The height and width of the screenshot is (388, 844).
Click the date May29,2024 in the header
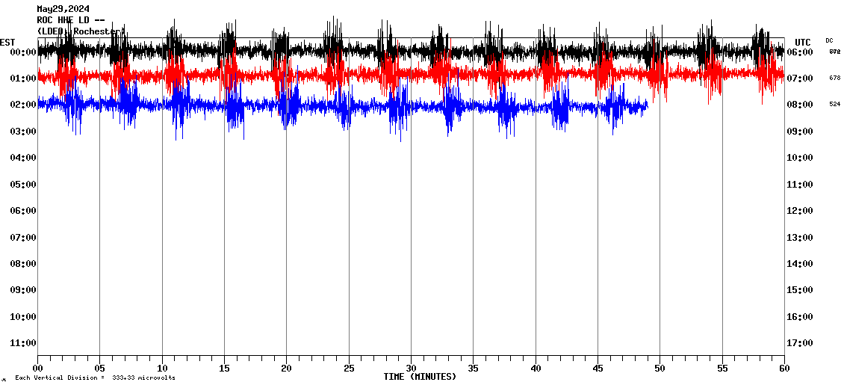(63, 9)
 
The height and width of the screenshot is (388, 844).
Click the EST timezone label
(7, 42)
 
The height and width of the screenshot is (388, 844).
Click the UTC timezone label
(803, 42)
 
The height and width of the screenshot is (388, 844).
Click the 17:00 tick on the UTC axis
(804, 343)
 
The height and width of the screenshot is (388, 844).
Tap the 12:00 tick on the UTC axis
(804, 211)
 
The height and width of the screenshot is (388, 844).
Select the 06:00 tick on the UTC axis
(804, 52)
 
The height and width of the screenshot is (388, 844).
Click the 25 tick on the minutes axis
(349, 369)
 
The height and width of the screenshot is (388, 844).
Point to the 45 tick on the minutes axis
(598, 369)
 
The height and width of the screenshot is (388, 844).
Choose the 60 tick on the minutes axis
(784, 369)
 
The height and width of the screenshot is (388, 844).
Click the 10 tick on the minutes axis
(162, 369)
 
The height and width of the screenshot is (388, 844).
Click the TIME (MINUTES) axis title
(420, 377)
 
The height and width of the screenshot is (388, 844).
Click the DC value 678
(834, 78)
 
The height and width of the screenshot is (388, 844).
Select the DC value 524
(834, 104)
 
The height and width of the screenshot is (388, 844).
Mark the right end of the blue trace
(647, 106)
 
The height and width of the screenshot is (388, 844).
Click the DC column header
(829, 40)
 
